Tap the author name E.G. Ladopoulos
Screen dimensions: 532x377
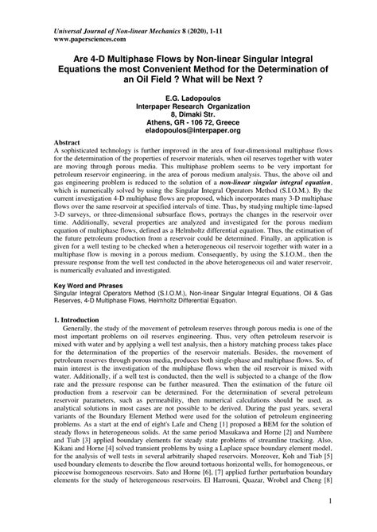188,98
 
